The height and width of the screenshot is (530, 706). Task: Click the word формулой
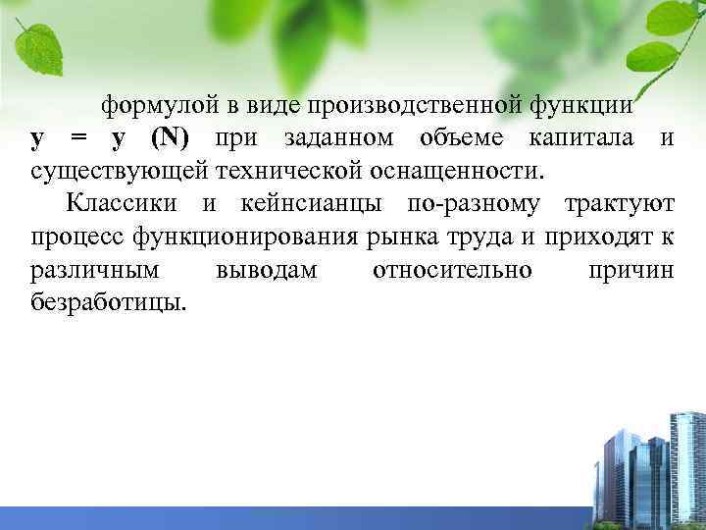coord(157,105)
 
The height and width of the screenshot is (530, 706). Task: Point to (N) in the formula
coord(170,138)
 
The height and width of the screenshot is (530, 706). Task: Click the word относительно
coord(453,270)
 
